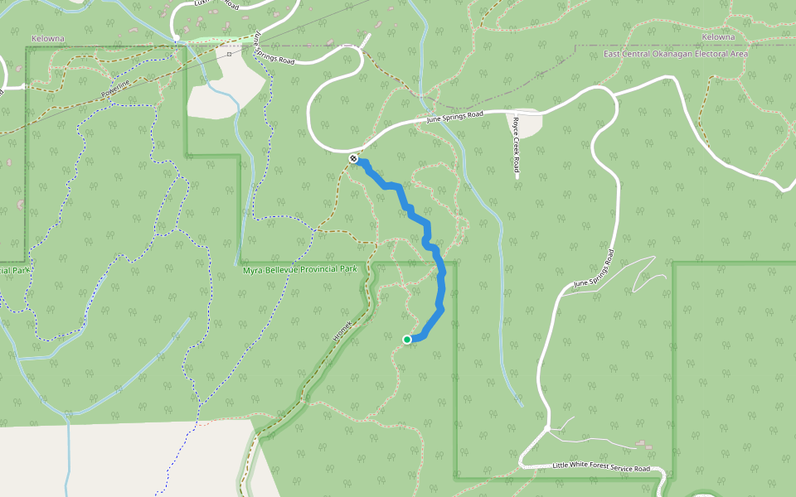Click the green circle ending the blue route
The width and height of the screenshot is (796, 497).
click(x=407, y=340)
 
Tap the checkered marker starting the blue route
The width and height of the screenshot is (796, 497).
click(x=354, y=158)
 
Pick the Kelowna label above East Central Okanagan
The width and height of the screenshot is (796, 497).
click(x=717, y=37)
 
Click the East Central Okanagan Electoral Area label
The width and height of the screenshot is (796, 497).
click(x=676, y=54)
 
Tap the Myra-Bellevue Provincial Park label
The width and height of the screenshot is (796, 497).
click(x=299, y=270)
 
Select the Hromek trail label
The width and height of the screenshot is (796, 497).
click(x=342, y=332)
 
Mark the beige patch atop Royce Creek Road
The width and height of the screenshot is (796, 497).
click(x=524, y=123)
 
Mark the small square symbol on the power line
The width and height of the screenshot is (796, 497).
click(x=228, y=53)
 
